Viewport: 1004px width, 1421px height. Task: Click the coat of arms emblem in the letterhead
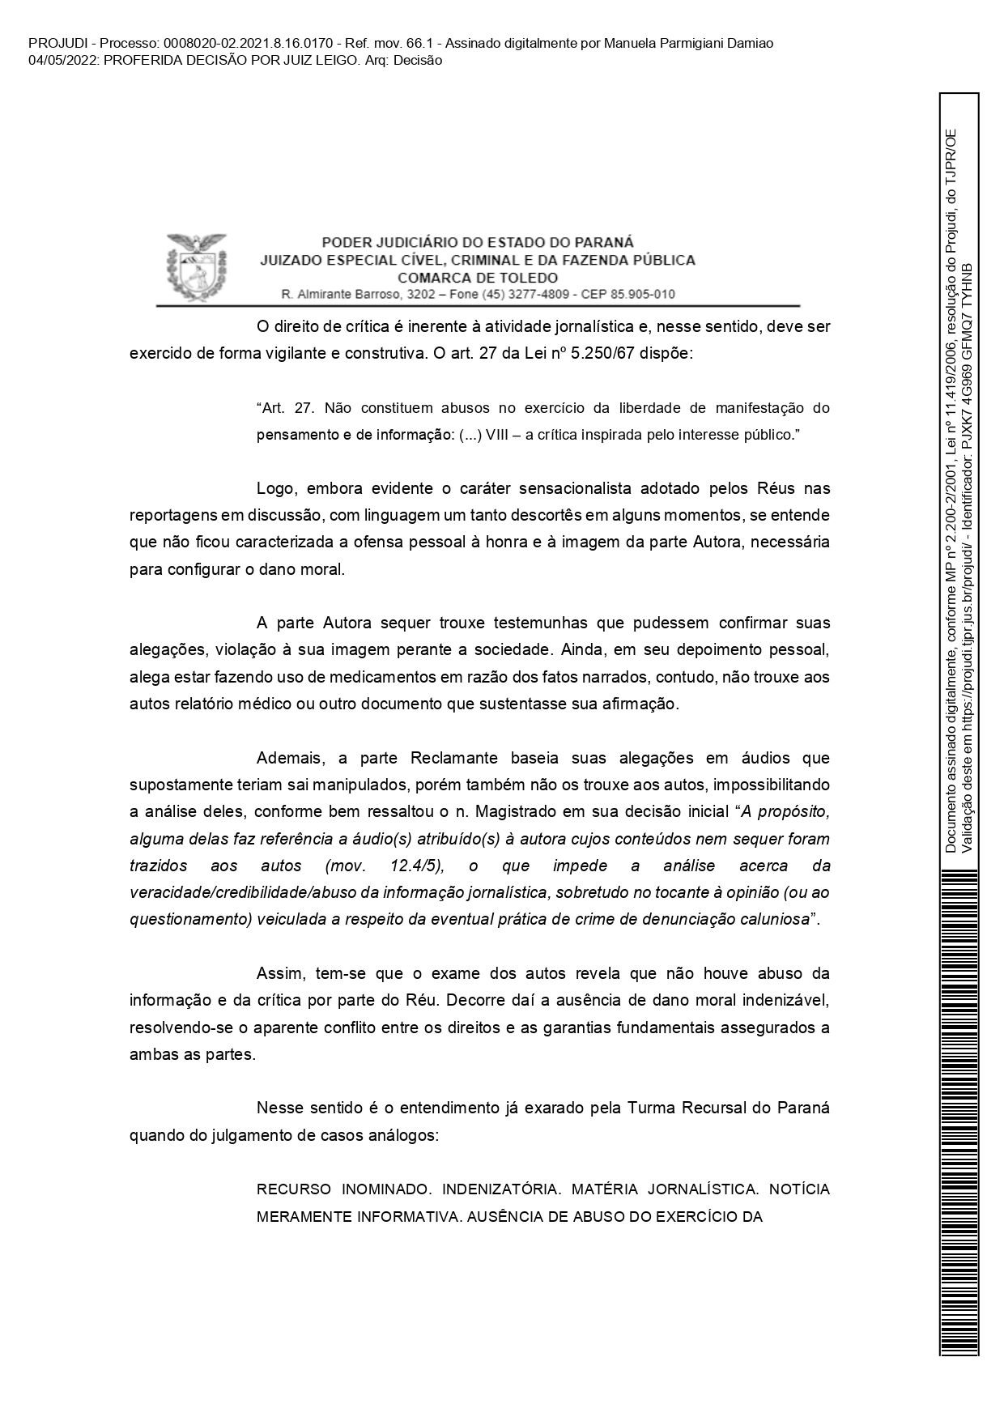click(x=194, y=265)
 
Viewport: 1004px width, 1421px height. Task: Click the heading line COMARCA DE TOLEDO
click(x=478, y=278)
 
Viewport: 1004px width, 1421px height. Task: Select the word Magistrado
click(x=525, y=812)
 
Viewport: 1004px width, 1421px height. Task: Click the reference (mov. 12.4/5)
click(x=385, y=866)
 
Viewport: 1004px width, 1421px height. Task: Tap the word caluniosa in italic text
click(x=776, y=919)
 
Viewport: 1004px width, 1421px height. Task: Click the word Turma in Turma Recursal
click(x=650, y=1107)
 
